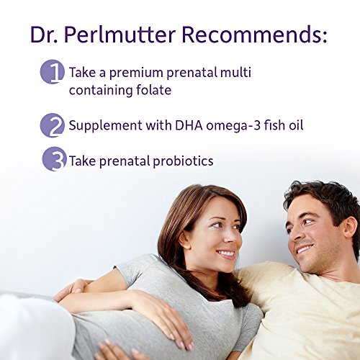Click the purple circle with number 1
tap(53, 73)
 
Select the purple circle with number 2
tap(53, 125)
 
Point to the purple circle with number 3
tap(53, 160)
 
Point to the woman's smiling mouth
tap(226, 253)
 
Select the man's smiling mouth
tap(301, 250)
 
